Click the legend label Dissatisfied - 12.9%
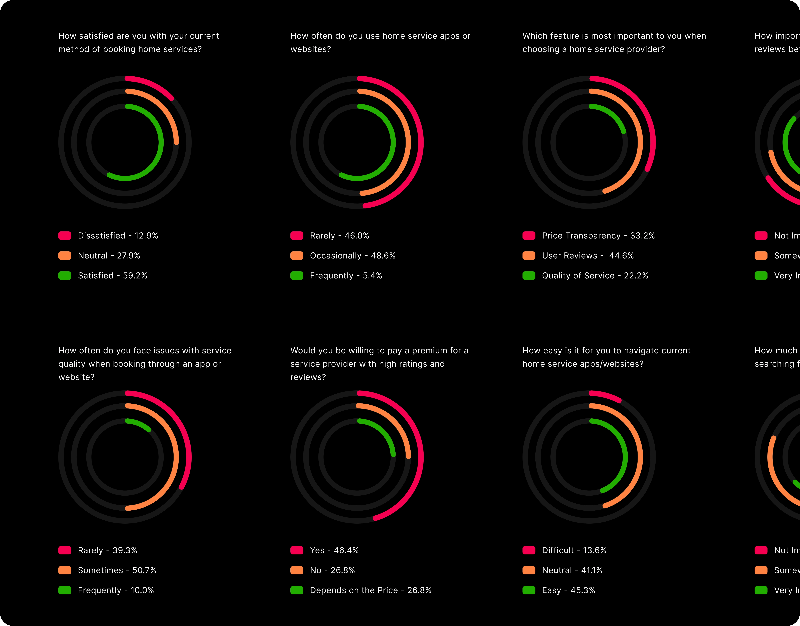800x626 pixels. tap(118, 236)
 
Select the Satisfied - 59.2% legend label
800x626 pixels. tap(112, 276)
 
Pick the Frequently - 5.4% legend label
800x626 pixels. tap(346, 276)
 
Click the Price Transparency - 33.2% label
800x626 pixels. tap(598, 236)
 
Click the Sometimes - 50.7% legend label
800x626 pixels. tap(117, 570)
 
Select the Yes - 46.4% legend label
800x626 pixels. tap(334, 550)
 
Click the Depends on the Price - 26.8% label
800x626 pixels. tap(370, 590)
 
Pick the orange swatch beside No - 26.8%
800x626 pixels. tap(297, 570)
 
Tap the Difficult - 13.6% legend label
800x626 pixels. tap(574, 550)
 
